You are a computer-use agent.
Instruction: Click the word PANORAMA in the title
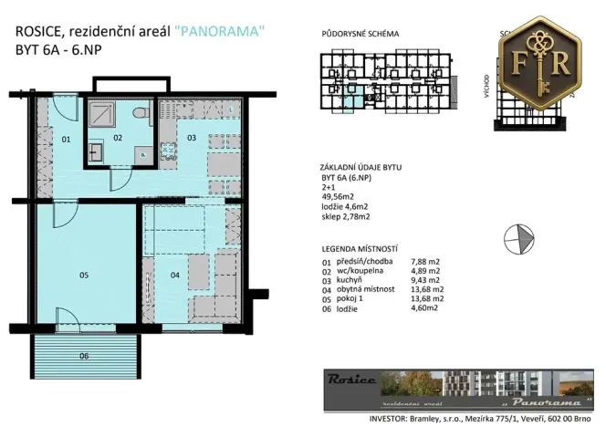(224, 30)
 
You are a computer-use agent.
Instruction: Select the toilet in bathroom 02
(139, 113)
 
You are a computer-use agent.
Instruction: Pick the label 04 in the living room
(176, 272)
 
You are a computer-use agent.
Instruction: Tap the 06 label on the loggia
(84, 355)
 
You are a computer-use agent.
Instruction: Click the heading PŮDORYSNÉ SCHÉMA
(360, 34)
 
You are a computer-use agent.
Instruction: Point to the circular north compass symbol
(519, 235)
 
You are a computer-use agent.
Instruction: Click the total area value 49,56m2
(339, 196)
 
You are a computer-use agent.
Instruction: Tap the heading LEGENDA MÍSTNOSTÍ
(360, 249)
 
